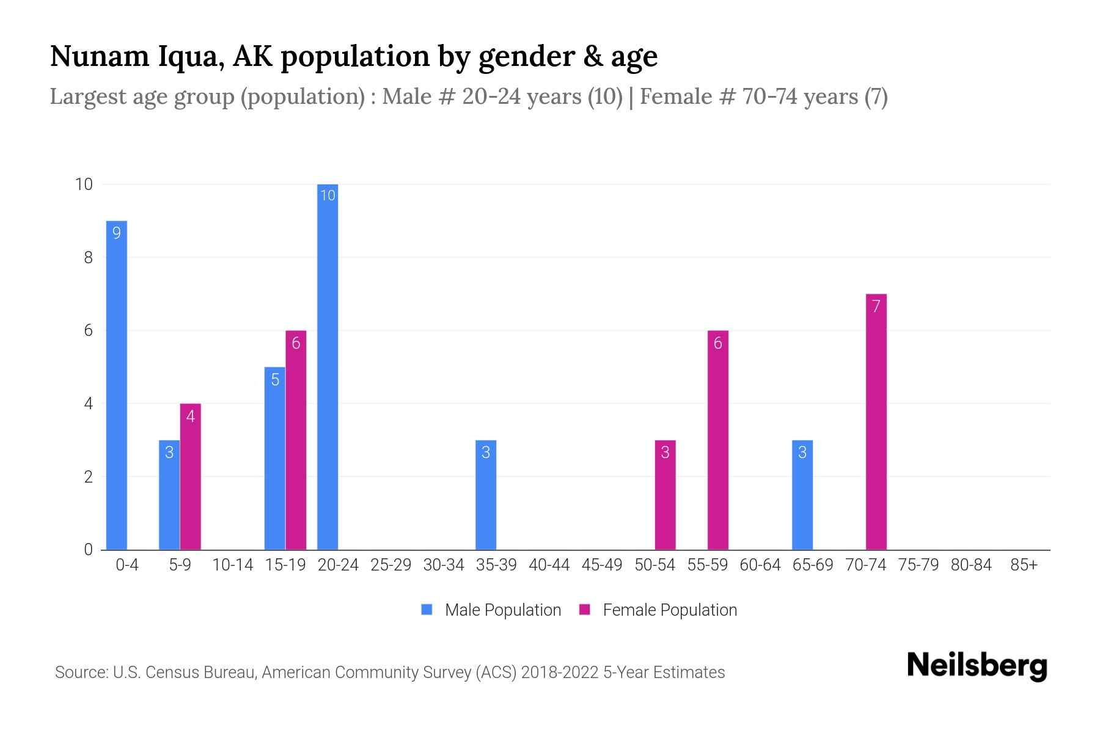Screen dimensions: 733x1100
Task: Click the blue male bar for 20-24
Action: pyautogui.click(x=328, y=366)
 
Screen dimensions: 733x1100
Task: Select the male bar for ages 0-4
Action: pyautogui.click(x=117, y=385)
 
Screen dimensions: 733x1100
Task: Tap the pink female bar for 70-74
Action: pyautogui.click(x=876, y=421)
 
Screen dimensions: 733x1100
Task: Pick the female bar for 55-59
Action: pyautogui.click(x=717, y=440)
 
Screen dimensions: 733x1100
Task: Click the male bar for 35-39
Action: pyautogui.click(x=486, y=495)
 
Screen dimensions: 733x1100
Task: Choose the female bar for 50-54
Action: pyautogui.click(x=665, y=495)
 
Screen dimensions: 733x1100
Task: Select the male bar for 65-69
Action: pyautogui.click(x=802, y=495)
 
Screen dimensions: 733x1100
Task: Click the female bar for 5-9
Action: pyautogui.click(x=190, y=476)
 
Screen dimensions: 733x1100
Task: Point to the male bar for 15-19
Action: pyautogui.click(x=274, y=458)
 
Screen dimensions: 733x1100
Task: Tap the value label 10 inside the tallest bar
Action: pyautogui.click(x=328, y=195)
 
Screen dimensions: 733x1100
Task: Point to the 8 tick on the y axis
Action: pyautogui.click(x=89, y=257)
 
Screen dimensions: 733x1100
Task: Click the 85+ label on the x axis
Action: pyautogui.click(x=1024, y=565)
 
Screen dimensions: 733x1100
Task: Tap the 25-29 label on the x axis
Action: pyautogui.click(x=391, y=565)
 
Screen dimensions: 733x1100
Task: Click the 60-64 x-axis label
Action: pyautogui.click(x=760, y=565)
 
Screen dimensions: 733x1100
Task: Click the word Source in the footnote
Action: pyautogui.click(x=80, y=673)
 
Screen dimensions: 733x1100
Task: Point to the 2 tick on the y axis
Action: pyautogui.click(x=89, y=476)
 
